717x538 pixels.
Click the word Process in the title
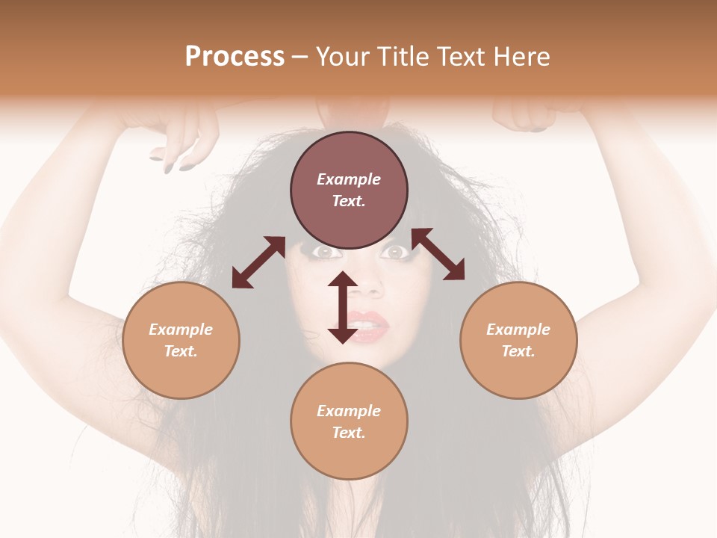pyautogui.click(x=235, y=57)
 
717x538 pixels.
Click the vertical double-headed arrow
pyautogui.click(x=342, y=307)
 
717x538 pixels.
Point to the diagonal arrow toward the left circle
pyautogui.click(x=258, y=262)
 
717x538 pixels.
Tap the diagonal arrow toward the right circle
pyautogui.click(x=438, y=254)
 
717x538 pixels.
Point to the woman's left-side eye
pyautogui.click(x=323, y=253)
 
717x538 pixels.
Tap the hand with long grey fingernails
pyautogui.click(x=176, y=142)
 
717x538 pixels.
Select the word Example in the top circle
pyautogui.click(x=349, y=179)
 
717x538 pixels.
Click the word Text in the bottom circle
pyautogui.click(x=348, y=433)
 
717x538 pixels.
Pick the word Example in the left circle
pyautogui.click(x=181, y=330)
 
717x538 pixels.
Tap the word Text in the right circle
pyautogui.click(x=518, y=351)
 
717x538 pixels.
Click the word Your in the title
pyautogui.click(x=344, y=57)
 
